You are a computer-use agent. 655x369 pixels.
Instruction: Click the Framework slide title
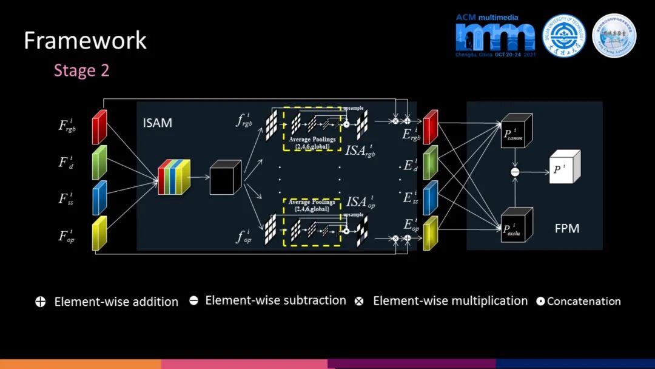(x=85, y=41)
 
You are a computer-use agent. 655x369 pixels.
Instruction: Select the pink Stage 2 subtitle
(x=81, y=70)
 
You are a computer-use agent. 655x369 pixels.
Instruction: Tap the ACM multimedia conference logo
(x=495, y=36)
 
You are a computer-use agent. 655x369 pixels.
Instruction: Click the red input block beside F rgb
(x=99, y=127)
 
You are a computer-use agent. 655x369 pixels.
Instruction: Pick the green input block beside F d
(x=99, y=163)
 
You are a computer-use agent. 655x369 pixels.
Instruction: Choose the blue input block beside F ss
(x=99, y=198)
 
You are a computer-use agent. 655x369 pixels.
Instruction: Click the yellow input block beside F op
(x=99, y=234)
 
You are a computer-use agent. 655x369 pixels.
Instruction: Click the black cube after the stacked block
(x=225, y=177)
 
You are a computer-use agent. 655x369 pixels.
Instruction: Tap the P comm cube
(x=517, y=131)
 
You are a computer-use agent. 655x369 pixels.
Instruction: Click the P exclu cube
(x=517, y=226)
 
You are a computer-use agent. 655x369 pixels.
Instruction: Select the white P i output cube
(x=564, y=168)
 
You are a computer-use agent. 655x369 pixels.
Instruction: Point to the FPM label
(x=566, y=229)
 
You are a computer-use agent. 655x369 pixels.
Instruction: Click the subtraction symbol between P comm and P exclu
(x=515, y=172)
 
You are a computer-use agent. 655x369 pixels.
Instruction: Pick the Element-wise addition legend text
(x=116, y=302)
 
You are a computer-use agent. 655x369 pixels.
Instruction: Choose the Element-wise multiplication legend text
(x=450, y=301)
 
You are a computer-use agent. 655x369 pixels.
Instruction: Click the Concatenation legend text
(x=583, y=301)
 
